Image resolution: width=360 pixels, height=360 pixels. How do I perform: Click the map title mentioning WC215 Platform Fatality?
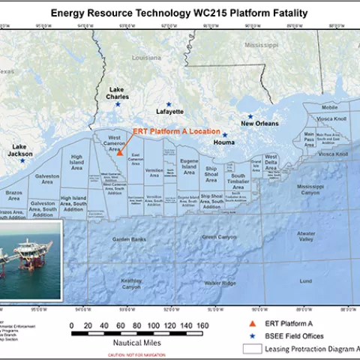(179, 13)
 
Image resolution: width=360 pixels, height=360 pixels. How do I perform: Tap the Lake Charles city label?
(118, 93)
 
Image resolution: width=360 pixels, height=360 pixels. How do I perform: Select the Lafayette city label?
(169, 112)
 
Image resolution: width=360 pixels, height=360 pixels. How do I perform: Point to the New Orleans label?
(259, 124)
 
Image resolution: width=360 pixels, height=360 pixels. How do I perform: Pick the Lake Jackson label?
(22, 150)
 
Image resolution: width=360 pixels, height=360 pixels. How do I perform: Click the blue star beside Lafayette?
(169, 103)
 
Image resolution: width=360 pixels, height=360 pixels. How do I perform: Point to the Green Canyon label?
(219, 237)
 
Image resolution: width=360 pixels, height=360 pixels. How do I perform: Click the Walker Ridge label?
(220, 283)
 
